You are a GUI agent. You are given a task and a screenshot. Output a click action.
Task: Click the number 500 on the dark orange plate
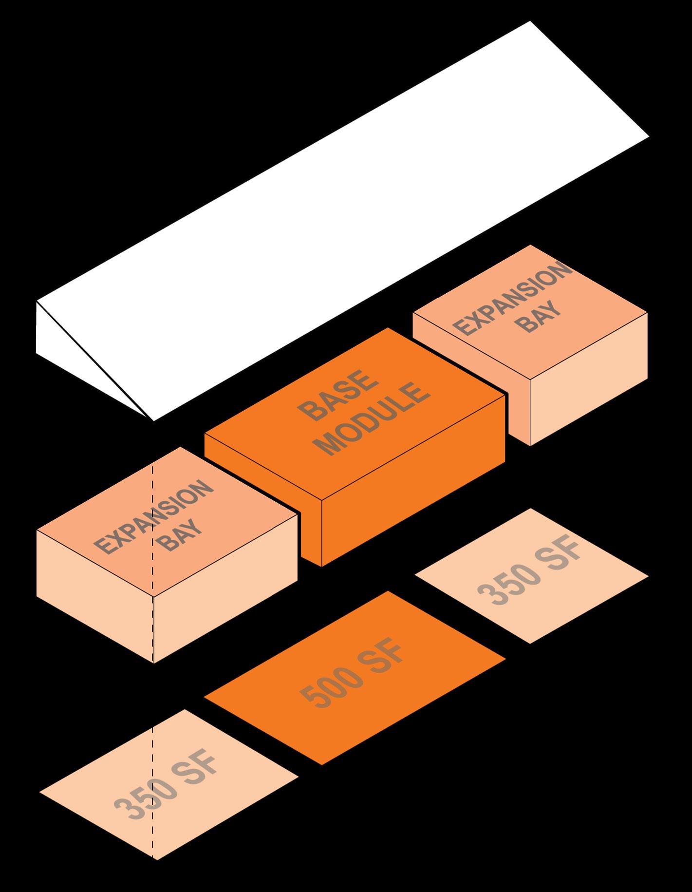(x=332, y=691)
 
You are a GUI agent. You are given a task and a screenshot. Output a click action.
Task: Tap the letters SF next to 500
(x=383, y=660)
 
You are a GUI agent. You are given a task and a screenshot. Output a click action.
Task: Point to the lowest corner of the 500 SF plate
(x=322, y=764)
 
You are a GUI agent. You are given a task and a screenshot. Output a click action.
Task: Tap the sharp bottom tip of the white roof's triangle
(x=153, y=419)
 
